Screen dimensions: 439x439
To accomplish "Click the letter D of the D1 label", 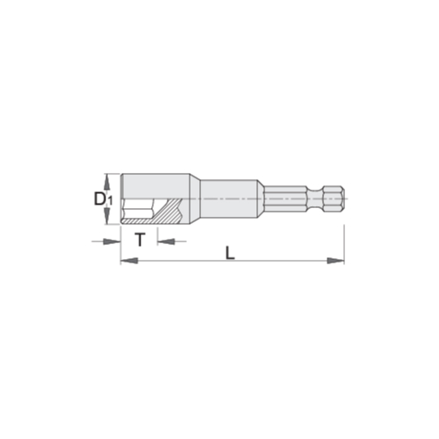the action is (99, 199).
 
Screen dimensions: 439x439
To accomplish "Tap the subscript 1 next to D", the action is (109, 201).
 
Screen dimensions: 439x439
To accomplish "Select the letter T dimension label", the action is (140, 240).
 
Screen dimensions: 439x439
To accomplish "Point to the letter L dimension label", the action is (230, 253).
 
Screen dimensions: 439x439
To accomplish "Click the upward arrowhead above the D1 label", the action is (107, 182).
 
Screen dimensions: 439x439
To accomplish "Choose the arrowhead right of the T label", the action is (166, 241).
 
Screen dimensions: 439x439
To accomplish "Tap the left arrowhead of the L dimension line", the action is (129, 260).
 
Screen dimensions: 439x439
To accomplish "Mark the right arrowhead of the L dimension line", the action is (335, 260).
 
